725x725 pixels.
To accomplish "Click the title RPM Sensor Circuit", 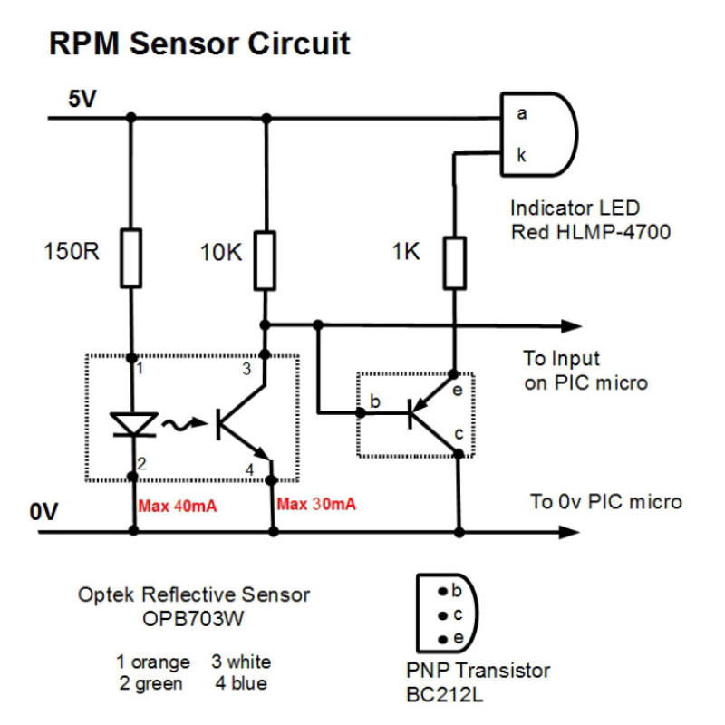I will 198,43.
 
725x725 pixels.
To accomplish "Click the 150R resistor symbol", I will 131,258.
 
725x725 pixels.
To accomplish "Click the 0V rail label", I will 43,512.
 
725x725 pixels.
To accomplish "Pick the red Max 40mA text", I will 178,506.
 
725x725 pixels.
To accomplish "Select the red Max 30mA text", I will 316,506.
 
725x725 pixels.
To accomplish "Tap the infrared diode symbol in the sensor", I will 132,423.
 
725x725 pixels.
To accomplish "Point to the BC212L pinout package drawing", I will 443,614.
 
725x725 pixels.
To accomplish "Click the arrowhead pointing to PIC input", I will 570,325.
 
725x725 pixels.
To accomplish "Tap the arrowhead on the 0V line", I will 570,532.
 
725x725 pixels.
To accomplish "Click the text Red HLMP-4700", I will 590,232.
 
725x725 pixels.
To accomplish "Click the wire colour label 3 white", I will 241,662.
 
